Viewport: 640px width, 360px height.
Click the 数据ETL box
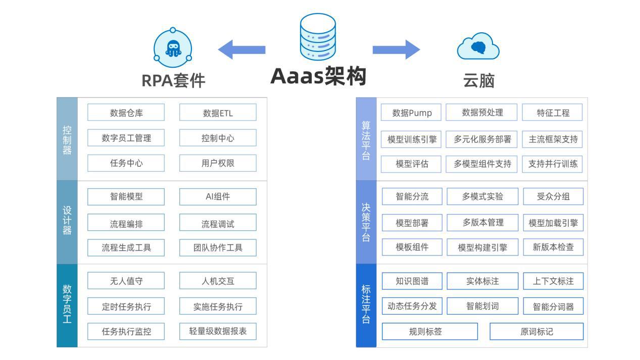[218, 112]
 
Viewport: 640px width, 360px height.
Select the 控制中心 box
[218, 138]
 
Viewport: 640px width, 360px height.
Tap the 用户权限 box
[218, 163]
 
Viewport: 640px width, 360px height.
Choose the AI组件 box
[218, 196]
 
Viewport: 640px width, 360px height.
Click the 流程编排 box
[126, 222]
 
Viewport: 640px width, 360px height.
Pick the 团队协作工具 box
[218, 247]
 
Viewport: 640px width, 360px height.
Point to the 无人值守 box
[126, 281]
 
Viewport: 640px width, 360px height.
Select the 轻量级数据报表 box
[218, 331]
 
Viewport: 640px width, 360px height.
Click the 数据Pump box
[411, 112]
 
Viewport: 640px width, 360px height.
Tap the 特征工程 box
[552, 112]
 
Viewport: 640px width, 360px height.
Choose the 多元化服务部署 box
[481, 139]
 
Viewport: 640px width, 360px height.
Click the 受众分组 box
[553, 196]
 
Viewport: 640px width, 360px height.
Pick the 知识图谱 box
[412, 281]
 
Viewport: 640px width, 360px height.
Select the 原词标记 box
[536, 331]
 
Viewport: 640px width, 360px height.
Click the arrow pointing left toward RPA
[242, 49]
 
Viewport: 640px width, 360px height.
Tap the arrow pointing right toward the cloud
[397, 49]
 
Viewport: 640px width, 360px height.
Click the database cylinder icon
[318, 37]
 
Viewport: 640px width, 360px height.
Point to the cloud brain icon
[478, 46]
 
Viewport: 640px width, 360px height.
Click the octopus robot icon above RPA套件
[173, 47]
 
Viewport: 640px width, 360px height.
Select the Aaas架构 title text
[318, 76]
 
